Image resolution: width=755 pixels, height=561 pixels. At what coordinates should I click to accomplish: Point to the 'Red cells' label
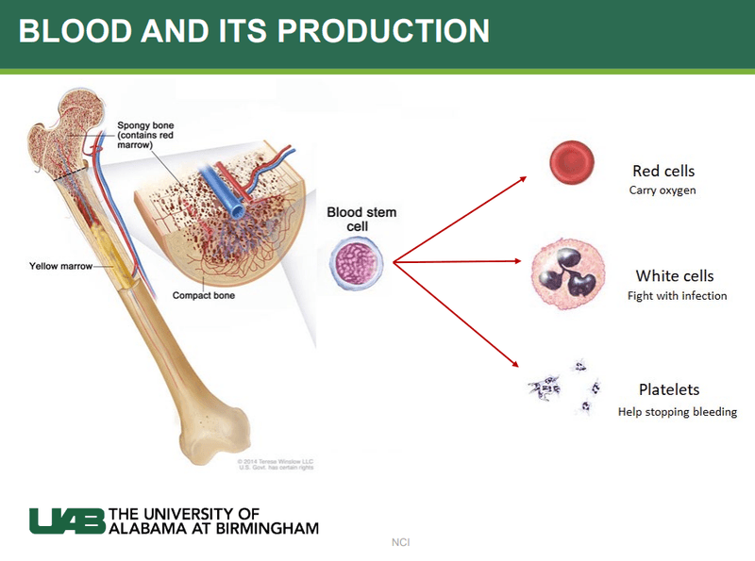663,171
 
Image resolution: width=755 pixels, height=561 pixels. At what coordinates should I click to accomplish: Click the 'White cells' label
674,276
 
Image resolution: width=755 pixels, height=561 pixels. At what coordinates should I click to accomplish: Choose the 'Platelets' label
668,389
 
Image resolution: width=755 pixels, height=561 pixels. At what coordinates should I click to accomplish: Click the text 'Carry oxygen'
663,190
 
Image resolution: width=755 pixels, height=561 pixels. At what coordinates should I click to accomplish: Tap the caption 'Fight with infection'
677,296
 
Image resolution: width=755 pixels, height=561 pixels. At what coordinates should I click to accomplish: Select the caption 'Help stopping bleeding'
677,412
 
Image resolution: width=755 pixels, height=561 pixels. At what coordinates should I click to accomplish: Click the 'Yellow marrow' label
61,267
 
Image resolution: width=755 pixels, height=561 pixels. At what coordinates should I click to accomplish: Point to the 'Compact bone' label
203,295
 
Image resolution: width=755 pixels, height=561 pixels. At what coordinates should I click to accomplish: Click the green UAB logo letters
67,520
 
